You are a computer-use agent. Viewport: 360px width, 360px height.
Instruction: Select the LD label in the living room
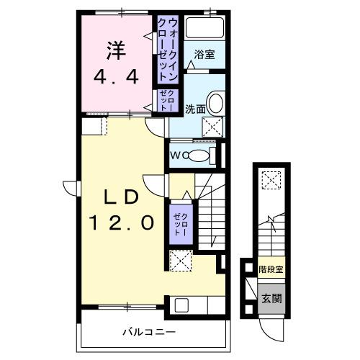click(x=120, y=196)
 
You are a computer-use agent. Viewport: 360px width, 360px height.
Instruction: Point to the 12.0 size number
click(x=122, y=223)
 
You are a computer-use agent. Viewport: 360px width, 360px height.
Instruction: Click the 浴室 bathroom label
click(x=204, y=53)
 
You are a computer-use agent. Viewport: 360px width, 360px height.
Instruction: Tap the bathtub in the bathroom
click(x=204, y=29)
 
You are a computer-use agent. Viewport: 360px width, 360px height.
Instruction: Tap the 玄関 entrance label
click(x=271, y=299)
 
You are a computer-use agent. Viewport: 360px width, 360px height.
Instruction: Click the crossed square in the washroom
click(x=214, y=127)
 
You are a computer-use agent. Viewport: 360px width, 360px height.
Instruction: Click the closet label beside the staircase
click(x=180, y=223)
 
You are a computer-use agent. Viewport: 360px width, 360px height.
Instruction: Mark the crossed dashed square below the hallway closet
click(x=179, y=258)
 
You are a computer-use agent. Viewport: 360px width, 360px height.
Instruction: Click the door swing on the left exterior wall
click(x=70, y=187)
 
